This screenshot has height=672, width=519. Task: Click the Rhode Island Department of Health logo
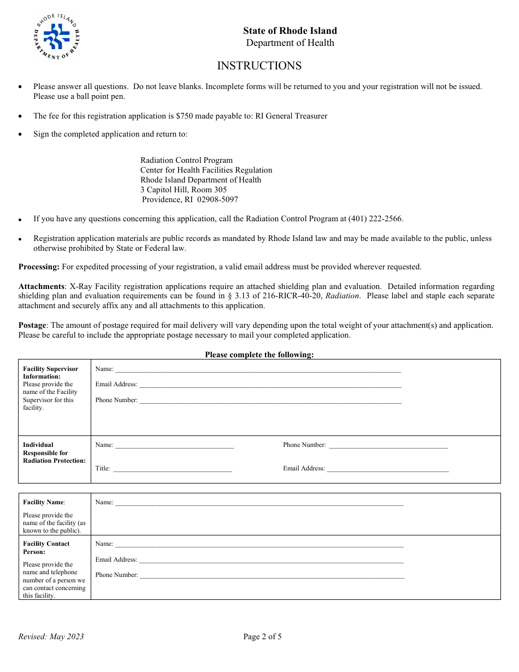point(56,37)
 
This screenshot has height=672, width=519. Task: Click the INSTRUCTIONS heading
point(259,66)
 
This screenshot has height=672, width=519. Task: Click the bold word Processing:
point(39,267)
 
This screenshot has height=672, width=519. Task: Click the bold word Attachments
point(42,286)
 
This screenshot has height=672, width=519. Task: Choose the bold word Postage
point(32,325)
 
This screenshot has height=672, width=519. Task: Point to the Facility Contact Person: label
point(46,547)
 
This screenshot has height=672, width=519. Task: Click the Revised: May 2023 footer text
point(51,636)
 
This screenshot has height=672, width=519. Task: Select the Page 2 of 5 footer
point(262,636)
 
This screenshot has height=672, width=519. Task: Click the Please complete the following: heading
point(259,355)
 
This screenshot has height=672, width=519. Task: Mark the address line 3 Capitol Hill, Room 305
point(184,190)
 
